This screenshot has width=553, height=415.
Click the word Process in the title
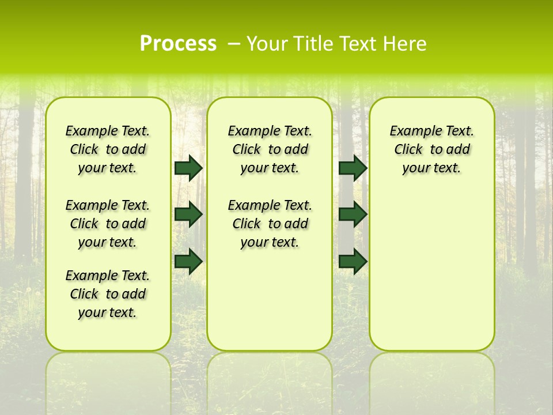(178, 44)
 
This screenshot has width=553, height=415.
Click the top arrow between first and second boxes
(188, 168)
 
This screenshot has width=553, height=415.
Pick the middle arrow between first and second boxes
(188, 214)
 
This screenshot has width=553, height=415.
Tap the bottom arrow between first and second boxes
(188, 262)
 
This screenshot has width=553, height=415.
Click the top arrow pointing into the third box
(353, 168)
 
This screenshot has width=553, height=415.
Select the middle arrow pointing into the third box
(353, 214)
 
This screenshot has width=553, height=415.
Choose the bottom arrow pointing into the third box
(353, 262)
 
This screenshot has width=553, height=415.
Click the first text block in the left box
(108, 149)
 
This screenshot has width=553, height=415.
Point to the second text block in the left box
(108, 224)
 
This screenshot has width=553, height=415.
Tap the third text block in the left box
(108, 294)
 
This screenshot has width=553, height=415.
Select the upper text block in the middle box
(270, 149)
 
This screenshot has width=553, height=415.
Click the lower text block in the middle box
(270, 224)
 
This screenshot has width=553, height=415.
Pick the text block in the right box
(431, 149)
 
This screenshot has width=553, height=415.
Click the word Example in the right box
(412, 131)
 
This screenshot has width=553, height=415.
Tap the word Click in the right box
(408, 150)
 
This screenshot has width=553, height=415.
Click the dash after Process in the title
(234, 44)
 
